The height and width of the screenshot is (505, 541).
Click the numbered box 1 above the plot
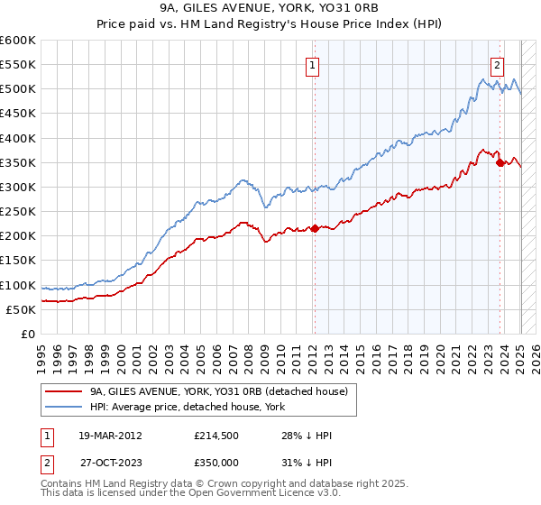click(312, 65)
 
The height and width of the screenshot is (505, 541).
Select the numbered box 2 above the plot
click(497, 65)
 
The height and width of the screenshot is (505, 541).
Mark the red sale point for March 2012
click(315, 229)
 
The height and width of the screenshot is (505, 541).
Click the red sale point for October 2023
click(500, 162)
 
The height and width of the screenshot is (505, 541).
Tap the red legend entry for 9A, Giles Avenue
click(212, 390)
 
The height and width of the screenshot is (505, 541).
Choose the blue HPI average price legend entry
click(188, 407)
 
